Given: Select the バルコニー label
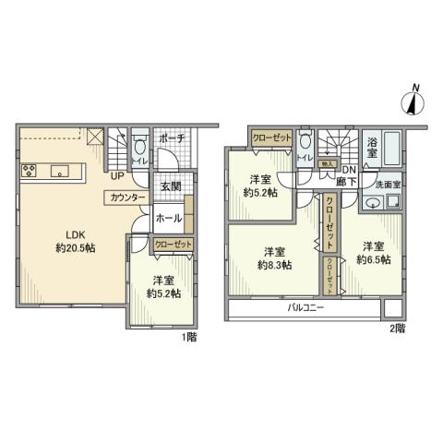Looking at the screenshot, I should tap(304, 307).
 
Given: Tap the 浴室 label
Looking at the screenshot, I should tap(372, 144).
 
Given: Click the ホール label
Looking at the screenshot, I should tap(168, 220).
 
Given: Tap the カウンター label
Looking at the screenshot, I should tap(126, 198).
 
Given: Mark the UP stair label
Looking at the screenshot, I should tap(117, 174).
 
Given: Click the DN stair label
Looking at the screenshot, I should tap(349, 171).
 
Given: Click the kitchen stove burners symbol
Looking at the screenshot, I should tap(28, 170).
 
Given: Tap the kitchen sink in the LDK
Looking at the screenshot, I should tap(61, 170).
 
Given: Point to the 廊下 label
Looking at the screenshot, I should tap(349, 182).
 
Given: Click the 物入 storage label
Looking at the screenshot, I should tap(326, 164).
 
